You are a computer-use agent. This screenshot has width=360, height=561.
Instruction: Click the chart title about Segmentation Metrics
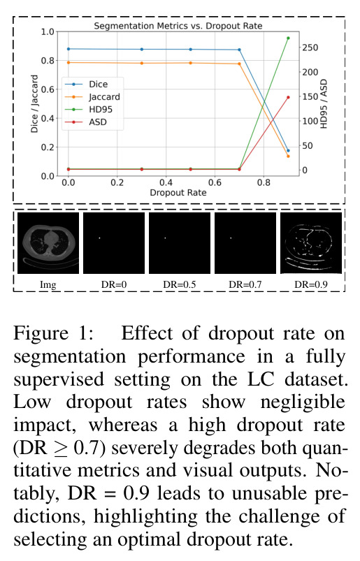tap(178, 26)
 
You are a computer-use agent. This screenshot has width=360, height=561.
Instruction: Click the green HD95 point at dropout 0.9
tap(288, 38)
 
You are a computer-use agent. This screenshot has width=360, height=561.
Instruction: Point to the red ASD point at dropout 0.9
tap(288, 97)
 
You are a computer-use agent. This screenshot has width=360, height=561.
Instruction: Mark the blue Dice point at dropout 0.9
tap(288, 151)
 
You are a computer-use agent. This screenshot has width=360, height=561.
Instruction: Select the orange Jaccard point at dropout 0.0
tap(69, 63)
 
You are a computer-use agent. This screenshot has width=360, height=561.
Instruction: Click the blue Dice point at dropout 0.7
tap(239, 50)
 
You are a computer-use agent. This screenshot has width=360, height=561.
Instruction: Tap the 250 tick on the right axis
tap(310, 48)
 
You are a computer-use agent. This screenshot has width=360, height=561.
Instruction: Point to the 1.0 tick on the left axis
tap(48, 32)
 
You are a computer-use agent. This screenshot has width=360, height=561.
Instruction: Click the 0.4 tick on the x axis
tap(166, 182)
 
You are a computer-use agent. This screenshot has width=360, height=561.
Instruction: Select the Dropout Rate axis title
tap(178, 193)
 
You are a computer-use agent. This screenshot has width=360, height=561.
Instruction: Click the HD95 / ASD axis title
tap(324, 104)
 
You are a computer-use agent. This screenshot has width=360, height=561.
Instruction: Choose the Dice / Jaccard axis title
tap(34, 104)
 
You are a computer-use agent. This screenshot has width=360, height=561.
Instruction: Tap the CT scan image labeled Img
tap(48, 243)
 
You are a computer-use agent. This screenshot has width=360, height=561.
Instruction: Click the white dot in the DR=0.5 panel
tap(166, 238)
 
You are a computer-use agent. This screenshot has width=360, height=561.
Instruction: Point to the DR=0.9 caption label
tap(311, 284)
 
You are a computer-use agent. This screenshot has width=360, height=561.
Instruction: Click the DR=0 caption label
tap(114, 284)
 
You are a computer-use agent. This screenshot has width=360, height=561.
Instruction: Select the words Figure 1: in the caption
tap(54, 333)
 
